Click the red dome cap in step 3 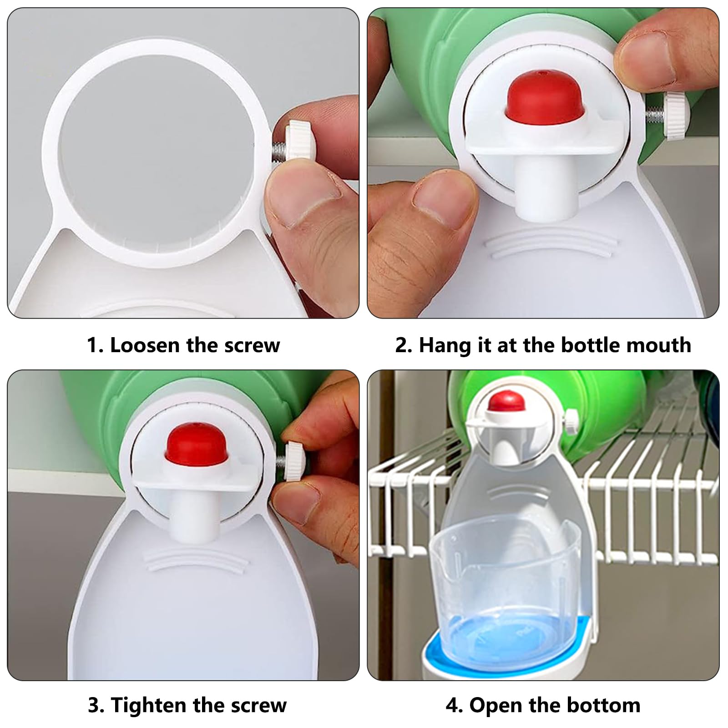[197, 446]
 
